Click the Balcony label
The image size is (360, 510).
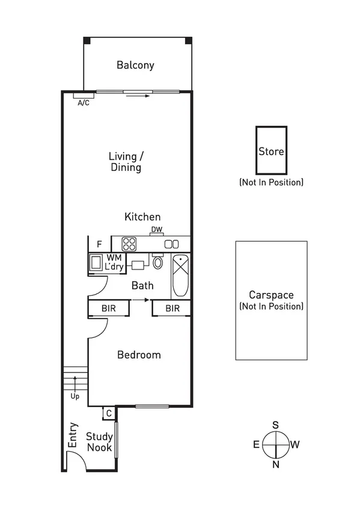point(136,65)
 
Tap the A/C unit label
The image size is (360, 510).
point(84,103)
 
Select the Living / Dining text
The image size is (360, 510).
point(125,162)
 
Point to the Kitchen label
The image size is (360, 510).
point(142,217)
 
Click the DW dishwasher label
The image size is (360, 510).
point(156,230)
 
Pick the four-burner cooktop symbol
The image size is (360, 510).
point(129,244)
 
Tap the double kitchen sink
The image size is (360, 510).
point(171,244)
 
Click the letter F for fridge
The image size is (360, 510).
point(99,244)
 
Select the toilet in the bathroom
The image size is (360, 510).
point(158,262)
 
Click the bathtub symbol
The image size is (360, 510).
point(180,275)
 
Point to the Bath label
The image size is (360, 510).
point(142,286)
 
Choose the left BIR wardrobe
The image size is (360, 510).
point(109,309)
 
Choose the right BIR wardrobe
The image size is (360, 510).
point(172,309)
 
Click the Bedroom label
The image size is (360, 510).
point(139,355)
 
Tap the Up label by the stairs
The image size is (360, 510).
point(75,397)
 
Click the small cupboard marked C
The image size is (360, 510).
point(108,413)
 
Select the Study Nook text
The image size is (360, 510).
point(99,442)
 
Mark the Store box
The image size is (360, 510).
point(271,150)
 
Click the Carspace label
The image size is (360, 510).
point(271,295)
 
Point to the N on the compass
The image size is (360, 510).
point(275,464)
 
